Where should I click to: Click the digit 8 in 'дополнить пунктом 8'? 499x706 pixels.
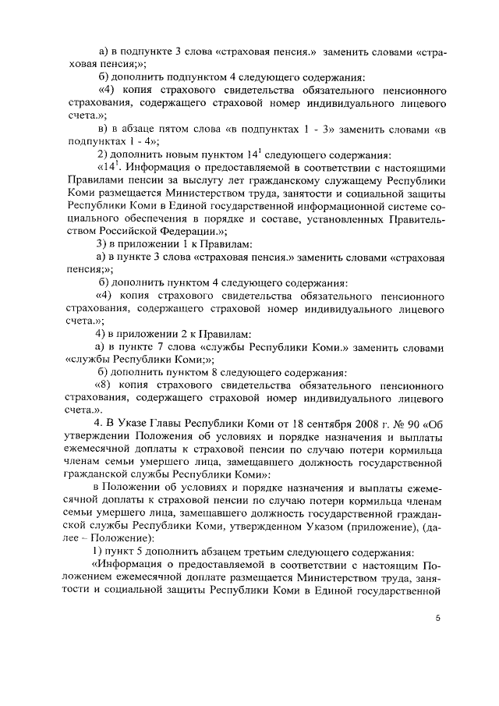point(240,374)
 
